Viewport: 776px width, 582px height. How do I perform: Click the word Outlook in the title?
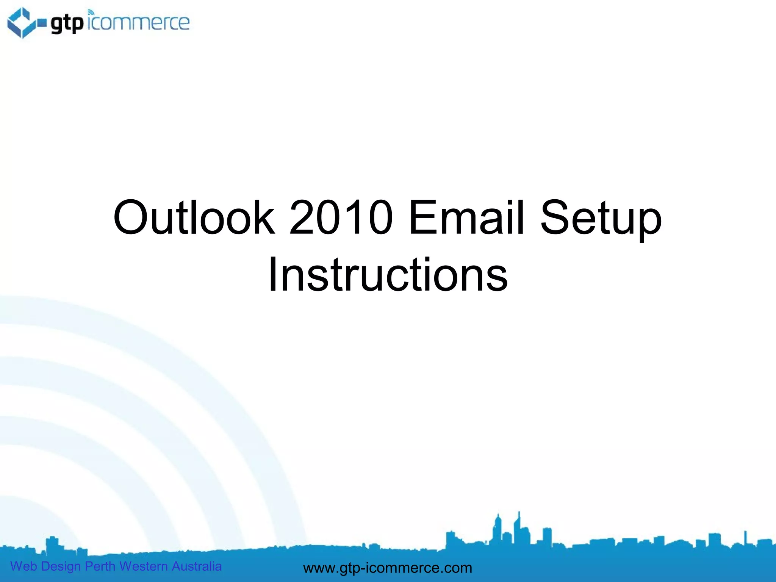[194, 217]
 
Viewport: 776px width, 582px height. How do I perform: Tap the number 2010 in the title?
[341, 217]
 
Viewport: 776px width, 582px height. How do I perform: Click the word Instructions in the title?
[388, 274]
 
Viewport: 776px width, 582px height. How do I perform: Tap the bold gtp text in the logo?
[67, 23]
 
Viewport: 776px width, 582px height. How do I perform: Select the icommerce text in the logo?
[139, 23]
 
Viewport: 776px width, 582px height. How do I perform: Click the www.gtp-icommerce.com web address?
[388, 568]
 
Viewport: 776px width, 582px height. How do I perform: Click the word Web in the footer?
[23, 566]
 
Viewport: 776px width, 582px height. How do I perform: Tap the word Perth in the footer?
[100, 566]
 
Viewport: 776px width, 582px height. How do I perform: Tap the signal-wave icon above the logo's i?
[91, 13]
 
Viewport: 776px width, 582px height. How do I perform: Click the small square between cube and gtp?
[42, 24]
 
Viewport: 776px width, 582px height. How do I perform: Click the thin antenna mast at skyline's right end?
[745, 537]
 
